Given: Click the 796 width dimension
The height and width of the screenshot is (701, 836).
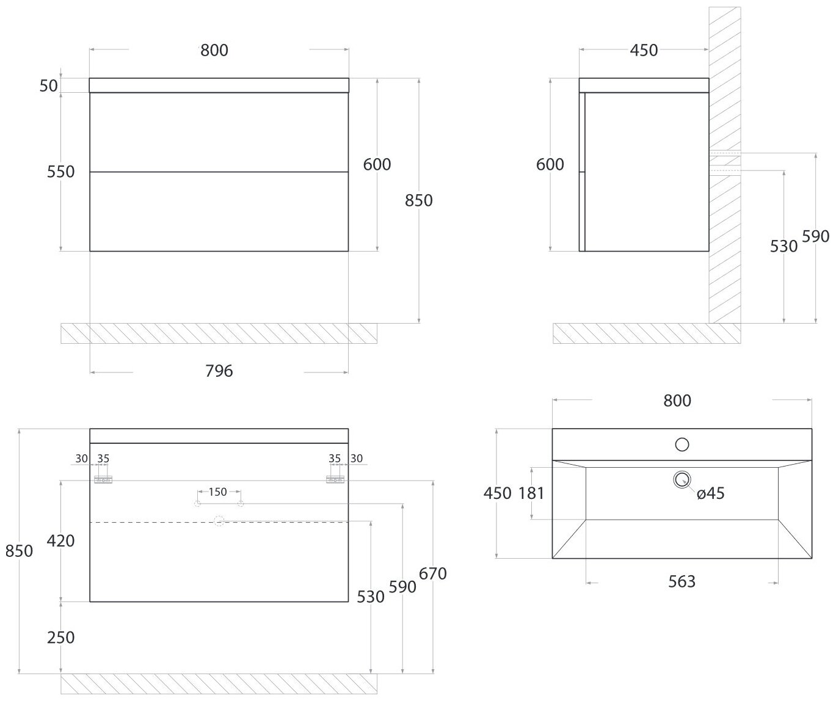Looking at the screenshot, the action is [219, 371].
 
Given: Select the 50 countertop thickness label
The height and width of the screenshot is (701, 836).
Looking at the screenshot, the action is [49, 86].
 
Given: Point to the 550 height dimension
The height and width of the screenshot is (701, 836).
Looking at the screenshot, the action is [61, 172].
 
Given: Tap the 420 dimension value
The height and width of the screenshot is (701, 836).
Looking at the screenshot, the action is [61, 541].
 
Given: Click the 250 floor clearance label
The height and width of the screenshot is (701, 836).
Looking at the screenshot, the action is [61, 637].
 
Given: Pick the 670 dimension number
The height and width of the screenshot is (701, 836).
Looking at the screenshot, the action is [433, 574].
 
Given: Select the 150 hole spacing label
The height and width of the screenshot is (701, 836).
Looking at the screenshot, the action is [218, 492].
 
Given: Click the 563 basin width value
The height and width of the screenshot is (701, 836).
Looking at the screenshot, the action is [682, 581].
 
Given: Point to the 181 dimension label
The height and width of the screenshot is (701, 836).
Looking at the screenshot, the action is [531, 493].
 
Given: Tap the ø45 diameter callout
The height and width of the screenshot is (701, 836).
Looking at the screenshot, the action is [710, 493].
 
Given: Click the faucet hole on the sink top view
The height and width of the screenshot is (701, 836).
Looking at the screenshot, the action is [682, 445].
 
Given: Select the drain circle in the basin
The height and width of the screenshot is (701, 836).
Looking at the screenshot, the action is [682, 479].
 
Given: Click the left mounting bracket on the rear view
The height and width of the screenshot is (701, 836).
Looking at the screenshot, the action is [103, 480].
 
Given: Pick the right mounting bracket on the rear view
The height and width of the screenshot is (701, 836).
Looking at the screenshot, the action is [335, 480].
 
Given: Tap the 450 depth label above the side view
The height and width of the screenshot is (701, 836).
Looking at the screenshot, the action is [644, 50].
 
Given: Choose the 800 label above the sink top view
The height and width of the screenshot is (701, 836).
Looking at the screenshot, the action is [677, 401].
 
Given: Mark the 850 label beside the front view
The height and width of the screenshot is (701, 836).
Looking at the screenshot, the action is [419, 200].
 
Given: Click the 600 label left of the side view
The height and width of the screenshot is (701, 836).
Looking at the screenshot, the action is [550, 165].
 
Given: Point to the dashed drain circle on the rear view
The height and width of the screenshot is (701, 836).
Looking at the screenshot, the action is [219, 521].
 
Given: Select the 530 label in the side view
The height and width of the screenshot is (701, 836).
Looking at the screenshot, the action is [784, 246].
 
